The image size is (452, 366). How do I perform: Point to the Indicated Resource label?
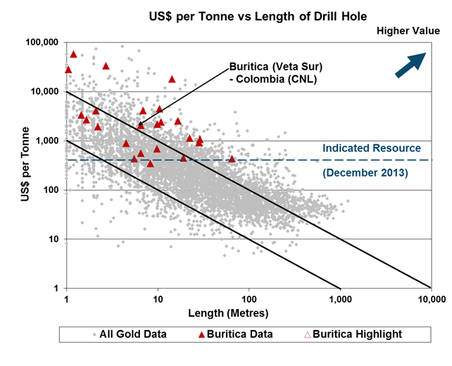click(371, 149)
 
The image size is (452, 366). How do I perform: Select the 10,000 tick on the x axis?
click(431, 299)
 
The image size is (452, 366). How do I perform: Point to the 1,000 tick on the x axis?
click(340, 299)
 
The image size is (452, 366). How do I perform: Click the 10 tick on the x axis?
click(158, 299)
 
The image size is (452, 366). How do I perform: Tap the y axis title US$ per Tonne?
click(21, 165)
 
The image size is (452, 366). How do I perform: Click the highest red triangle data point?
click(73, 54)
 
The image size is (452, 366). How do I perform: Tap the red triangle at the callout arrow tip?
click(141, 125)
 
